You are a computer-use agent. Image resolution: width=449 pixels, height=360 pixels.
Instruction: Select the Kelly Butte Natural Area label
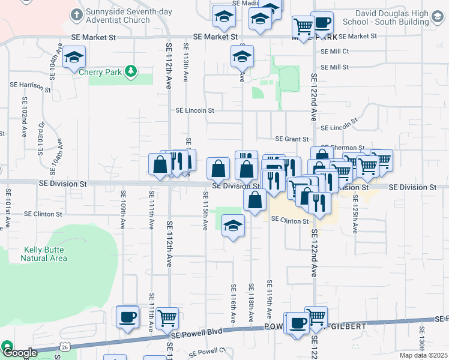45,254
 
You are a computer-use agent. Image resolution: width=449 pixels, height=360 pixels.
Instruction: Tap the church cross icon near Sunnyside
76,14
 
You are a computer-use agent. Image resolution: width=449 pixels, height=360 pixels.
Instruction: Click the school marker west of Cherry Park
75,58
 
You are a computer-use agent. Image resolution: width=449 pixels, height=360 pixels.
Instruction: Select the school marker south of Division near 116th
232,226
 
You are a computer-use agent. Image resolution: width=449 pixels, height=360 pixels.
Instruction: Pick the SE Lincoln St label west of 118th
194,110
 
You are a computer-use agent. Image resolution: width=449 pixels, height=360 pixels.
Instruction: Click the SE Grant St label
288,139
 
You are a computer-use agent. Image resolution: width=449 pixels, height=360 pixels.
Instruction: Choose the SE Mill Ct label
334,52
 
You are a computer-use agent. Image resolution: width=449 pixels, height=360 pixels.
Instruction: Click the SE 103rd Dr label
41,138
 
